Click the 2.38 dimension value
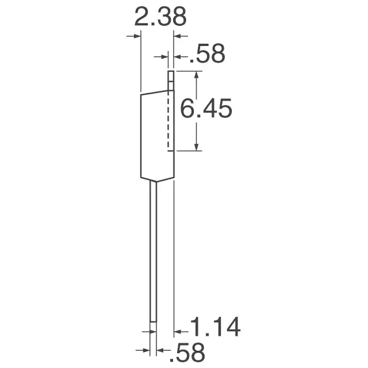point(160,17)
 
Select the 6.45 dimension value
point(206,109)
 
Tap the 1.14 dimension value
point(215,327)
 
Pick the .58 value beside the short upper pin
point(207,53)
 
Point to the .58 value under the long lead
point(187,352)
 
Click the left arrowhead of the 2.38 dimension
point(137,36)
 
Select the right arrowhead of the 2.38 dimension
point(177,36)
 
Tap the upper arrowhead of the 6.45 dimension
point(197,75)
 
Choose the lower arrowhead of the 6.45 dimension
point(197,147)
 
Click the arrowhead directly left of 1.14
point(178,332)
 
